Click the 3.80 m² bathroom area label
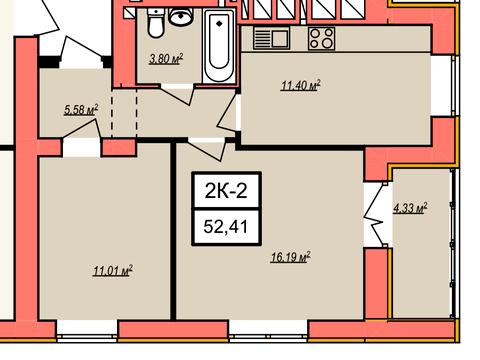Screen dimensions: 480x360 click(x=166, y=59)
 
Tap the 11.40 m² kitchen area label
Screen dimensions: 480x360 click(x=300, y=85)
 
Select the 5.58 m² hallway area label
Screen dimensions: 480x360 click(x=81, y=110)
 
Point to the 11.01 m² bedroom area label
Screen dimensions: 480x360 click(x=113, y=271)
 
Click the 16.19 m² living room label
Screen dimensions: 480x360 click(x=291, y=257)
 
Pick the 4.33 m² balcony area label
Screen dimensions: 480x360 click(x=410, y=209)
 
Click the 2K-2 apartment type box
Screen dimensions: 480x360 click(x=226, y=191)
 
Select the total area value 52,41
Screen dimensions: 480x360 click(x=226, y=227)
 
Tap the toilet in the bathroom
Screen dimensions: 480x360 click(x=156, y=23)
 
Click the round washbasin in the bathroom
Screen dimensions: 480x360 click(x=181, y=16)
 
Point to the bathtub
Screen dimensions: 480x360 click(x=219, y=46)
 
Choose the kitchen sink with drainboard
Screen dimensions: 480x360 click(x=271, y=38)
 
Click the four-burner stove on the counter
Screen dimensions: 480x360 click(x=321, y=38)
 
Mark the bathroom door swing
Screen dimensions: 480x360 click(x=177, y=94)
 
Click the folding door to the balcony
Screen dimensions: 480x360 click(x=376, y=215)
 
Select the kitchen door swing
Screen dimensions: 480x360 click(x=229, y=115)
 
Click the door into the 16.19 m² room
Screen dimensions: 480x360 click(x=207, y=149)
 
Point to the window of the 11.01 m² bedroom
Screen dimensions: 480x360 click(x=87, y=331)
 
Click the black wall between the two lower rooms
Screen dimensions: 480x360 click(x=173, y=231)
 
